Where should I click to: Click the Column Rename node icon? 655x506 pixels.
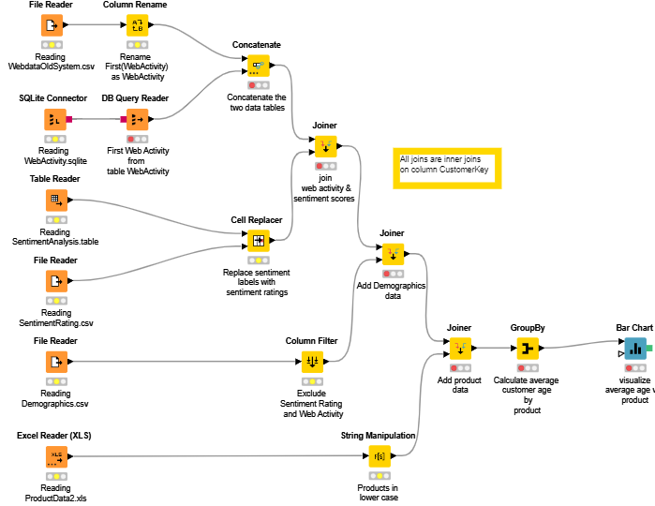click(137, 25)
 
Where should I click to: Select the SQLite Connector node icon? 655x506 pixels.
click(54, 119)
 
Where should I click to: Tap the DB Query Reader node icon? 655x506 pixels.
click(137, 119)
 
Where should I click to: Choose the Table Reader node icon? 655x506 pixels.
click(56, 201)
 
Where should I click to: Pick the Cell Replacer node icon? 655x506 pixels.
click(258, 241)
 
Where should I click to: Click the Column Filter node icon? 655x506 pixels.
click(312, 361)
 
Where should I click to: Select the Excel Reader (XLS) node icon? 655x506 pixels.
click(56, 456)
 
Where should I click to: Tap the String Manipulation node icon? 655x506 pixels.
click(379, 456)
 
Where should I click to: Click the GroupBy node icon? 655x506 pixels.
click(528, 349)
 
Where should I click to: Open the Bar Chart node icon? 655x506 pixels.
click(634, 349)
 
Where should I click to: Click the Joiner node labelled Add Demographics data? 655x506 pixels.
click(393, 254)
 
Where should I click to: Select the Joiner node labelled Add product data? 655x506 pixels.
click(459, 349)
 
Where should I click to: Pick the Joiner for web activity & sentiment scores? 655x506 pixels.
click(324, 146)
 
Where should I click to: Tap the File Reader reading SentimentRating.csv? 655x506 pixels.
click(56, 280)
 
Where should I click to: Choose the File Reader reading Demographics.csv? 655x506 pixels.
click(56, 361)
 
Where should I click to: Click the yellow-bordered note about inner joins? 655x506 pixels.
click(447, 166)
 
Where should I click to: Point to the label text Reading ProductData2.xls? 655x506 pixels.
click(55, 494)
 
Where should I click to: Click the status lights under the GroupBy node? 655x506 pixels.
click(528, 369)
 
